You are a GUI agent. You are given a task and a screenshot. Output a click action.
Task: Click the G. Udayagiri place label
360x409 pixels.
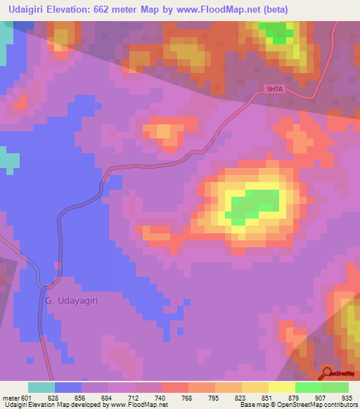[71, 301]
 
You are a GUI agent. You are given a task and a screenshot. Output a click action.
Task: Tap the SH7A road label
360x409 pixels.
[274, 89]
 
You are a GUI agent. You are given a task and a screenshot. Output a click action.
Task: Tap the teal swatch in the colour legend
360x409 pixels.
[41, 387]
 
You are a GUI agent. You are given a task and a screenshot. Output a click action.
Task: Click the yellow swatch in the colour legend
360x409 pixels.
[281, 387]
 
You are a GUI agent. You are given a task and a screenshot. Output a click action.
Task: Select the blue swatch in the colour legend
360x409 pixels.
[68, 387]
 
